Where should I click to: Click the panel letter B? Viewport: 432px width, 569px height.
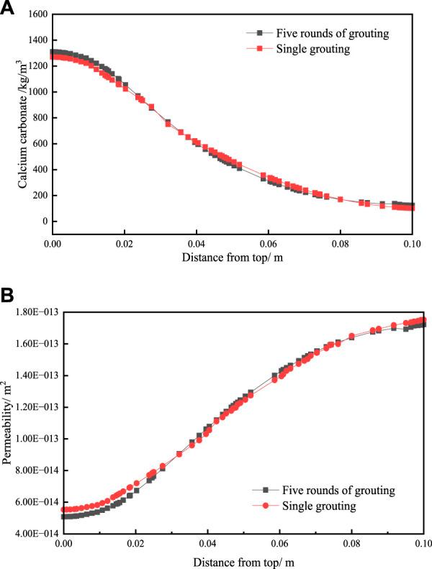[x=8, y=294]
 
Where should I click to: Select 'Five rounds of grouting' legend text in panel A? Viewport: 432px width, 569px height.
[x=325, y=33]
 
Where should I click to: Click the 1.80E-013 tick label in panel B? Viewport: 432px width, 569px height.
[x=37, y=312]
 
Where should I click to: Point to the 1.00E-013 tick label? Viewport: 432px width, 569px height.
[x=37, y=439]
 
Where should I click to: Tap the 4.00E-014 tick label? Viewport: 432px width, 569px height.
[x=37, y=534]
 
